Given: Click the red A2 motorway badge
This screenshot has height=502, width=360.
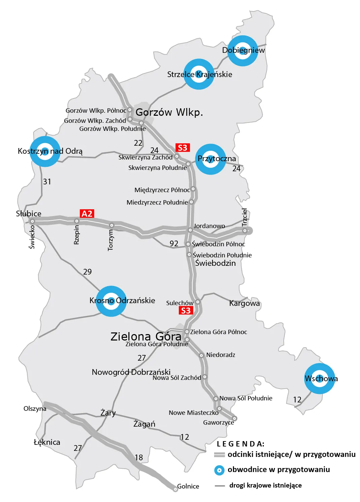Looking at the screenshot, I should point(87,214).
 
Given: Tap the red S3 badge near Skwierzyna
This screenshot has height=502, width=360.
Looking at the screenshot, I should point(183,148).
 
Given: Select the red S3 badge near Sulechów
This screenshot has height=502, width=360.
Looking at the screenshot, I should point(186,311).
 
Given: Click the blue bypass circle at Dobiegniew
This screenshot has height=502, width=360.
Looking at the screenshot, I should point(243,50).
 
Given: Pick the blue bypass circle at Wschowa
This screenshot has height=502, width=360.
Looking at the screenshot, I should point(320,379).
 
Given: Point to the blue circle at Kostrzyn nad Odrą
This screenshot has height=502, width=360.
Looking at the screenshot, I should point(45,151).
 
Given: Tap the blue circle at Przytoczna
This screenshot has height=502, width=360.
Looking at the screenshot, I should point(211,159).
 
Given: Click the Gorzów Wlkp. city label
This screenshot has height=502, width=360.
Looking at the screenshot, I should point(169,112).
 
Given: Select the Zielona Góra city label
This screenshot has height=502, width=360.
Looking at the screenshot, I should point(146,336).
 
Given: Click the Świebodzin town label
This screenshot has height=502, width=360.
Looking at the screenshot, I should point(215,263).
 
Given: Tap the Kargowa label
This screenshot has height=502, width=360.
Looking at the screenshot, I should point(244,303).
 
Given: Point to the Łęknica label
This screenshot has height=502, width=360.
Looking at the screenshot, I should point(47,442).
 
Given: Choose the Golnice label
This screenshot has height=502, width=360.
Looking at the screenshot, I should point(188,486).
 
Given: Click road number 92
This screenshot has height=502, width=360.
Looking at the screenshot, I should point(174,244).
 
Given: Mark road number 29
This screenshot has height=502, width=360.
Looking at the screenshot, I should point(87,272).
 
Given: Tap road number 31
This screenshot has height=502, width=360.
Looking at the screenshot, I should point(47,182).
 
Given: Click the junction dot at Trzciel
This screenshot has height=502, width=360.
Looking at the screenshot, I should point(245,231).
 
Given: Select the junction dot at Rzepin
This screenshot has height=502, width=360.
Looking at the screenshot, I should point(77,221).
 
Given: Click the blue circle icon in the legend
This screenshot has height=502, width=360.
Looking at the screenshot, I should point(219,470).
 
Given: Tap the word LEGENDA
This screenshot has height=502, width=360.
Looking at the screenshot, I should point(241,444).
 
